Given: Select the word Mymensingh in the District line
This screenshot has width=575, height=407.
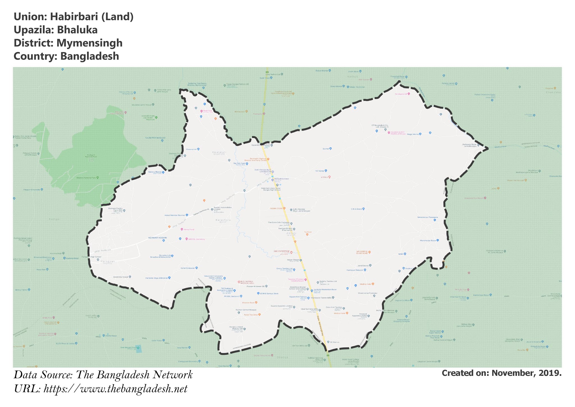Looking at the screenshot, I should (x=89, y=43).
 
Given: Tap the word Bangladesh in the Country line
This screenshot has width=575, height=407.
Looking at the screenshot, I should (x=90, y=56).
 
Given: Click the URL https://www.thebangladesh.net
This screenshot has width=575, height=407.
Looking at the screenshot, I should (x=115, y=389).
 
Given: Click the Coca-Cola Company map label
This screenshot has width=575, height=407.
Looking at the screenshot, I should (x=279, y=223).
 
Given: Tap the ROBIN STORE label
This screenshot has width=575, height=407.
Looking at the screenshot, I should (x=276, y=209).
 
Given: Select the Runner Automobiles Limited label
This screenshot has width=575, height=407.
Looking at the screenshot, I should (x=223, y=208).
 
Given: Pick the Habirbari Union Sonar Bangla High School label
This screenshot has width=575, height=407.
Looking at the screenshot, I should (x=271, y=189).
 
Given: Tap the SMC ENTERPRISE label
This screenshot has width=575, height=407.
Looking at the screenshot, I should (x=281, y=251).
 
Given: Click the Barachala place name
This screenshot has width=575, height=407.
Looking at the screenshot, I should (x=223, y=220).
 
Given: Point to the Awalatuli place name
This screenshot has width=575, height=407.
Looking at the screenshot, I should (x=219, y=152).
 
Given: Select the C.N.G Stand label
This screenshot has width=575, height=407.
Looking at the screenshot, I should (x=356, y=209).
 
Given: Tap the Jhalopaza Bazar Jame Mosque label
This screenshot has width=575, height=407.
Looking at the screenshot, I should (x=469, y=145).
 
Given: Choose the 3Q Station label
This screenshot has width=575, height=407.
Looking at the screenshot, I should (x=334, y=342).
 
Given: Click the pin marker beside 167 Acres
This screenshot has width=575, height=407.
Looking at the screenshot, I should (x=326, y=171).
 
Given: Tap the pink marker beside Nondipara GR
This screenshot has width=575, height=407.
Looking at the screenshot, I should (x=409, y=94).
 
